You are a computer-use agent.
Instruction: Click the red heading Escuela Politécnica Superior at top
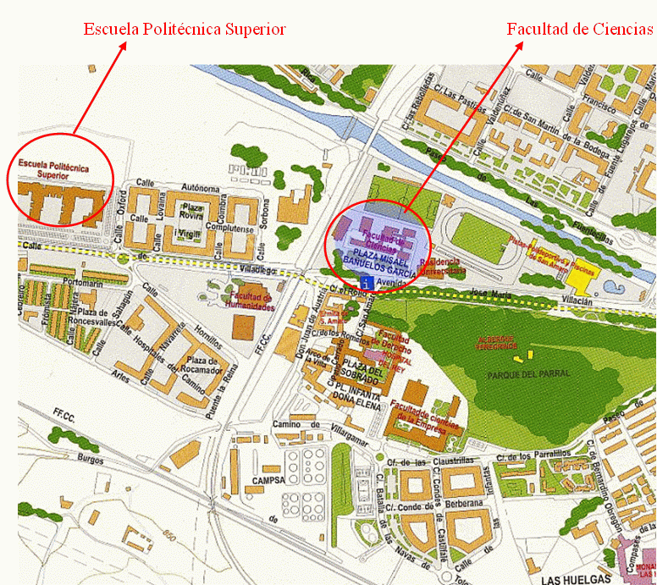tap(184, 30)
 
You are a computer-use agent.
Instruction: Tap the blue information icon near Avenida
tap(366, 281)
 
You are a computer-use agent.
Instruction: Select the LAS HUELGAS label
tap(576, 579)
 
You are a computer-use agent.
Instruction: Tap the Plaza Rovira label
tap(193, 212)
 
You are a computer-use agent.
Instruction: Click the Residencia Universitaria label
tap(444, 268)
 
